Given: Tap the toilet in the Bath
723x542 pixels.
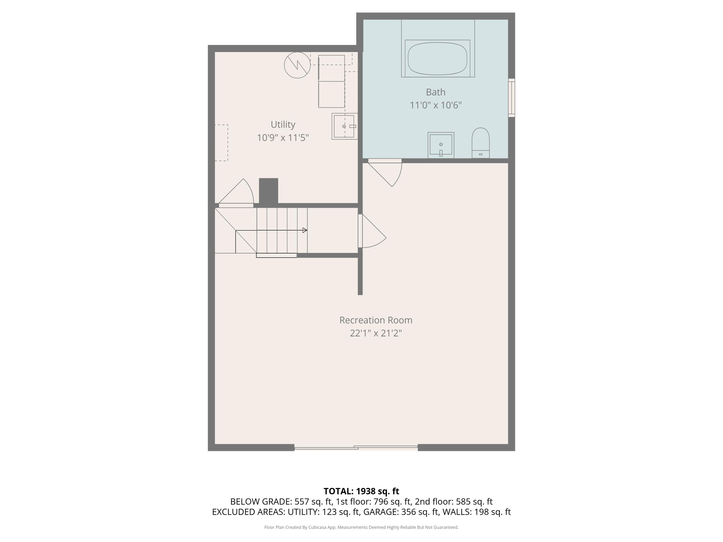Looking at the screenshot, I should click(x=481, y=143).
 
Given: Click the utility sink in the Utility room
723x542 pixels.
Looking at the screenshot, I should click(x=344, y=126).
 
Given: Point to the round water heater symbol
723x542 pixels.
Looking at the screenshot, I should click(x=297, y=65).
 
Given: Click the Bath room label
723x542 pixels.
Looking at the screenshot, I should click(x=435, y=92).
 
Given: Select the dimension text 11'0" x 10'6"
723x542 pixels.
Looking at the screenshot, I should click(x=435, y=105).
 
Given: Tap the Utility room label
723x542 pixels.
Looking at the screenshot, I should click(x=283, y=125).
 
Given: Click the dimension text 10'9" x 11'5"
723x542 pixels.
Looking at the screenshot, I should click(x=283, y=138).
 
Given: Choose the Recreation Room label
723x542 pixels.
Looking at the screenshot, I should click(x=375, y=320).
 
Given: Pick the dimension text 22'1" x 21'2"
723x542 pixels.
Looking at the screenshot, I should click(x=375, y=333).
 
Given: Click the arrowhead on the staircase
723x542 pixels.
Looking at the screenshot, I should click(x=305, y=230).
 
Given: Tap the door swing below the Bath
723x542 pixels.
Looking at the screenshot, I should click(x=387, y=173).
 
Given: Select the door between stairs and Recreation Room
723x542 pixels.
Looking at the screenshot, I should click(x=373, y=232).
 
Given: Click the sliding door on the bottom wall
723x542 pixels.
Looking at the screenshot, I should click(x=356, y=447).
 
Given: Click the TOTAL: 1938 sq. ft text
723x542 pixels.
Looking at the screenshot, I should click(x=361, y=491).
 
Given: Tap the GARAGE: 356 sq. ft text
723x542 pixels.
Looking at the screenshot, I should click(x=401, y=512).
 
